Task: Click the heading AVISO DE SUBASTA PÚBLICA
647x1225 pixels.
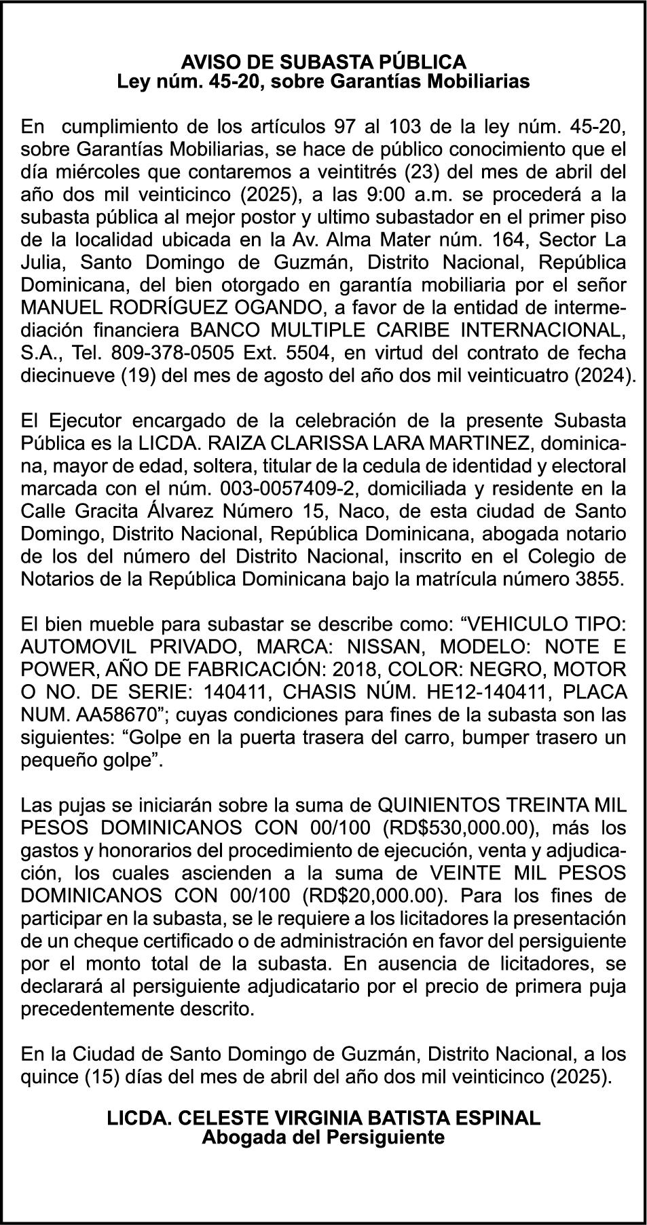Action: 323,62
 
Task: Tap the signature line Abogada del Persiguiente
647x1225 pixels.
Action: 323,1137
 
